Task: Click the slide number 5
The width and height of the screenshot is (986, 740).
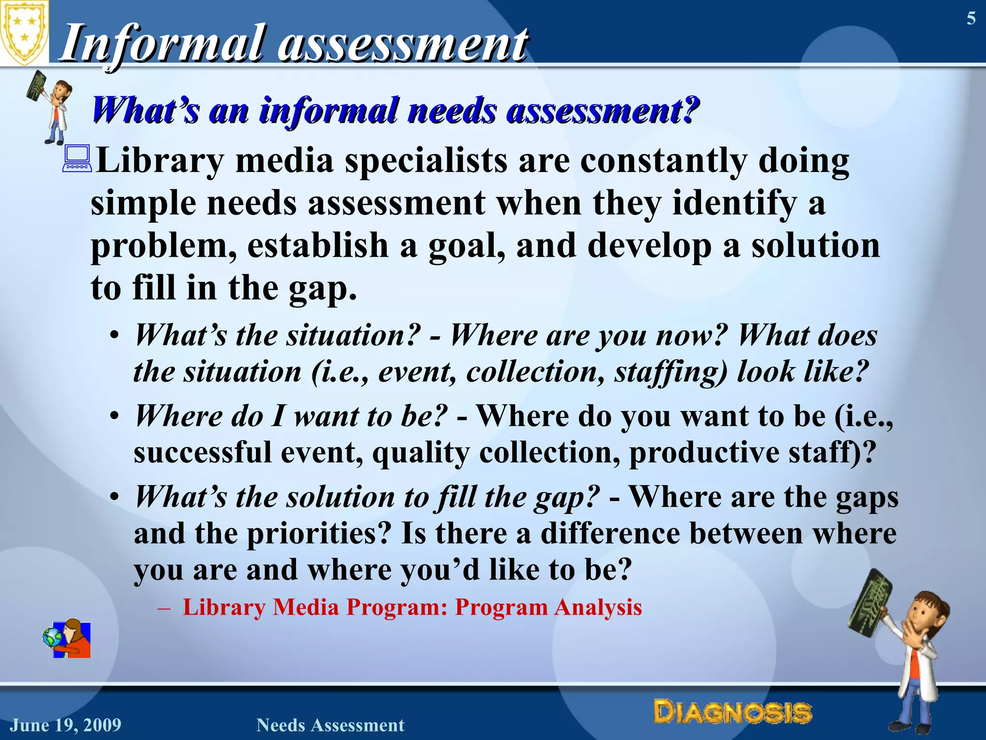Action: coord(971,19)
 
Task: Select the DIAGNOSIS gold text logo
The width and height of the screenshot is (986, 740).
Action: coord(732,713)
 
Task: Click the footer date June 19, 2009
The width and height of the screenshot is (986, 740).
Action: coord(66,725)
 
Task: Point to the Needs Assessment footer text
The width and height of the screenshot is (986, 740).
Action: coord(330,725)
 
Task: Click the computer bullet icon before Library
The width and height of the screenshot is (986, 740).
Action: coord(77,159)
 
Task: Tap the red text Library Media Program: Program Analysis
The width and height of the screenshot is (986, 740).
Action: coord(412,607)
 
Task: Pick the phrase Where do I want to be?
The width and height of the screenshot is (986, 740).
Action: coord(291,416)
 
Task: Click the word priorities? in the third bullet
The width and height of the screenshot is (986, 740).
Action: coord(318,533)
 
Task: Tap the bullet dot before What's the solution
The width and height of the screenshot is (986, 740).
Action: coord(114,497)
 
